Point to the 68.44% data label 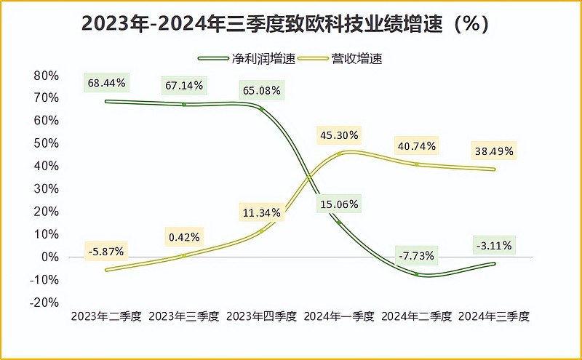(106, 84)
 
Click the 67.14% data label (184, 86)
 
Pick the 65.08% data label (261, 91)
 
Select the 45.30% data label (338, 135)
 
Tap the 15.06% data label (338, 204)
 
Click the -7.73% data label (416, 255)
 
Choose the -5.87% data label (106, 252)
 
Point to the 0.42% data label (184, 237)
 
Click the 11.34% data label (261, 212)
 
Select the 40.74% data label (416, 145)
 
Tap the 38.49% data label (493, 151)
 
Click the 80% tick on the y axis (46, 76)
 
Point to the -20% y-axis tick (43, 303)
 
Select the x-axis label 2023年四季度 (261, 317)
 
